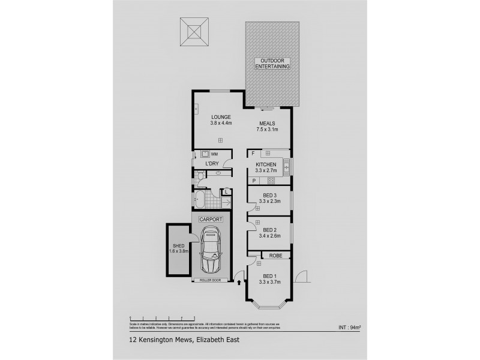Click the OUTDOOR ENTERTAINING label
pos(272,65)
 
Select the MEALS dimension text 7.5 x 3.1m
pos(268,130)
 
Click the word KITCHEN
pos(266,164)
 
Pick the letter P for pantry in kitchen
pos(254,181)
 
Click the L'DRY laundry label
pos(211,164)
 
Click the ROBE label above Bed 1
pos(275,256)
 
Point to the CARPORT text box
pos(210,220)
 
